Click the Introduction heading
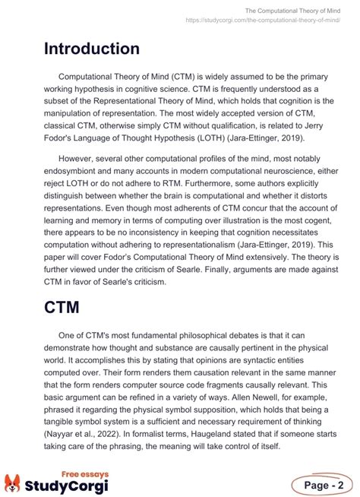[91, 49]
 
